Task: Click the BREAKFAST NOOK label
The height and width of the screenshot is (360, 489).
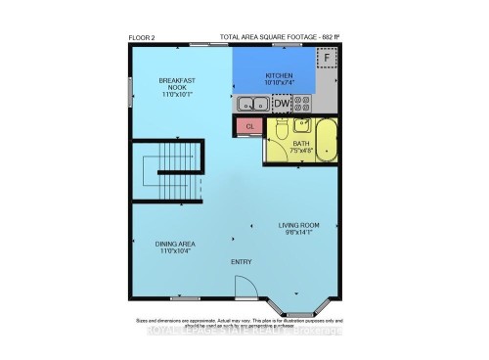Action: (x=176, y=84)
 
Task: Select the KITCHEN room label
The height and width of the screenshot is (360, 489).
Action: (x=280, y=75)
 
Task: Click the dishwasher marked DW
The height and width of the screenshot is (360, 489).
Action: (x=282, y=103)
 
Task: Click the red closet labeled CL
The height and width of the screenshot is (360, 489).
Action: (x=249, y=126)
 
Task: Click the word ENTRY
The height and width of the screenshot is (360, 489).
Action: (x=240, y=262)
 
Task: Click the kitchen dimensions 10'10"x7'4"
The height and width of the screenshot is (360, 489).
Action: (x=280, y=82)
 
